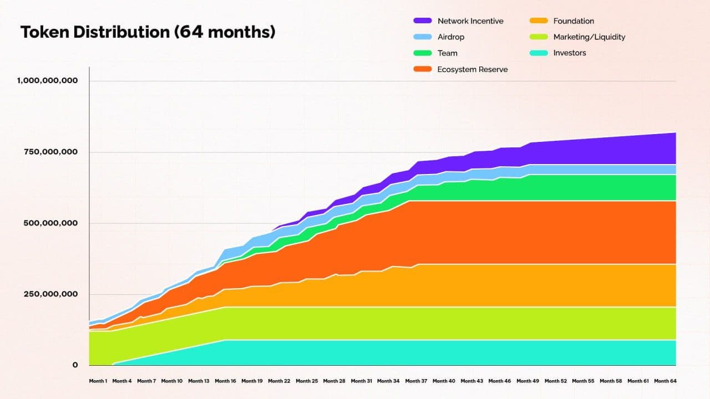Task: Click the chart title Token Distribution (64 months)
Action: point(148,32)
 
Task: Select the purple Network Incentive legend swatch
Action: point(422,21)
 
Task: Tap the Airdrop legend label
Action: point(450,37)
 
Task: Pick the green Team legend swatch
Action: point(422,53)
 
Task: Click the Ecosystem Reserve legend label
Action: point(472,69)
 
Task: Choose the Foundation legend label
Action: point(573,21)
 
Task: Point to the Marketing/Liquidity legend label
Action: point(589,37)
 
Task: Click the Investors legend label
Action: point(569,53)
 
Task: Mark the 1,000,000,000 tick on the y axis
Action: point(47,80)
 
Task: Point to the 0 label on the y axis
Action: point(75,365)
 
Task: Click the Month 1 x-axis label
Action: point(98,381)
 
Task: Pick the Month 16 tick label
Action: point(225,381)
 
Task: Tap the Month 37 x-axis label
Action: point(417,381)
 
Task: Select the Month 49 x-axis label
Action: point(528,381)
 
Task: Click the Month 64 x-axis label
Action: point(665,381)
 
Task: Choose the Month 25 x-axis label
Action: point(307,381)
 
